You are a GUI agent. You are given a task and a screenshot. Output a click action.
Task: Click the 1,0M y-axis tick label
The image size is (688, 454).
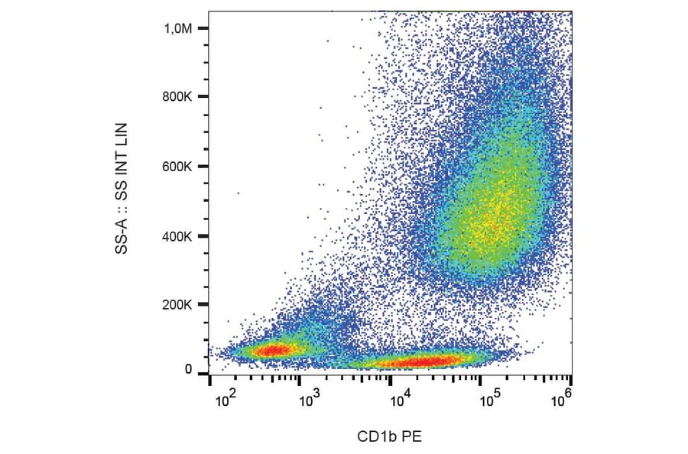[179, 28]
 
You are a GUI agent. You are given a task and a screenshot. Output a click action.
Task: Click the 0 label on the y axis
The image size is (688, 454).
[188, 370]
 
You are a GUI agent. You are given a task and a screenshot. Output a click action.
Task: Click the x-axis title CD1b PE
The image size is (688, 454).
[389, 437]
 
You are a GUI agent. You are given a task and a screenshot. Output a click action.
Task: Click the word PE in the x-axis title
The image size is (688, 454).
[413, 437]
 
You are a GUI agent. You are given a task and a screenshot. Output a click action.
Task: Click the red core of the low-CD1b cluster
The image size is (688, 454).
[273, 350]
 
